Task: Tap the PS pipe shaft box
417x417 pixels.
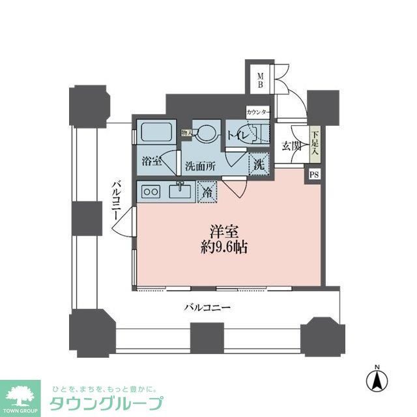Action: [314, 174]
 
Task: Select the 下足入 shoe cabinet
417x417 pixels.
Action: [315, 143]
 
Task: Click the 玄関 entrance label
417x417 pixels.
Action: [291, 147]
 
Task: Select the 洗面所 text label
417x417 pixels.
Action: [200, 165]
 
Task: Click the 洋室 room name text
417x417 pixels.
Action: [223, 231]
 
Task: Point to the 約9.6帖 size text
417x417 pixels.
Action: [223, 248]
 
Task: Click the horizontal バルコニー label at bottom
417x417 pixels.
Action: [207, 306]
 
